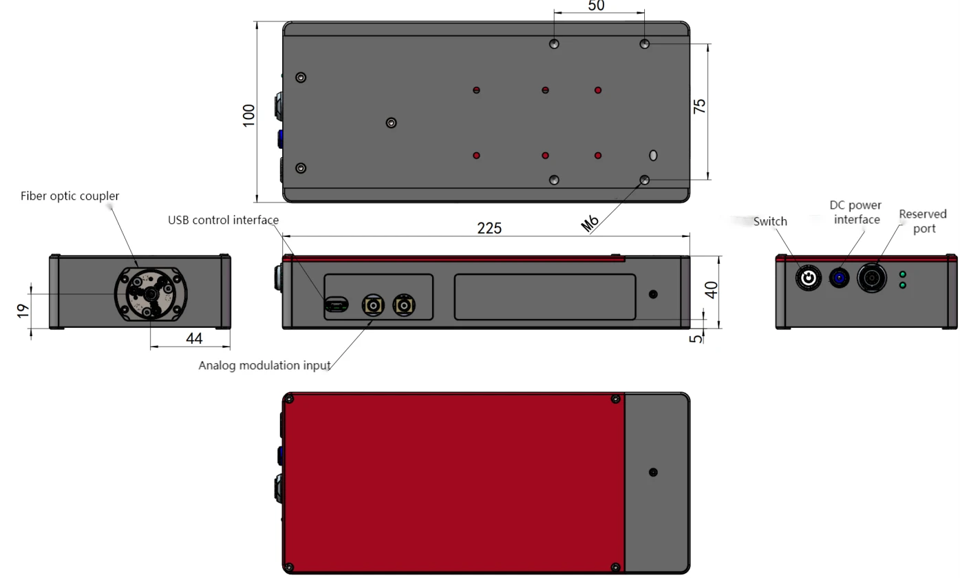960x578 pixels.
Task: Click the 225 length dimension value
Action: pyautogui.click(x=489, y=228)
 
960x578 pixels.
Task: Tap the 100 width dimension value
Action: pyautogui.click(x=248, y=116)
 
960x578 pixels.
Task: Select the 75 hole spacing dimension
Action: pyautogui.click(x=699, y=106)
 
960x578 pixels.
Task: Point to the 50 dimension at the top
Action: pyautogui.click(x=596, y=6)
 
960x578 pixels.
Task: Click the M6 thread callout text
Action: pyautogui.click(x=589, y=223)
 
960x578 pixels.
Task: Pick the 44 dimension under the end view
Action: pyautogui.click(x=194, y=338)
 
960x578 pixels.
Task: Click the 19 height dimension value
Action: pyautogui.click(x=23, y=311)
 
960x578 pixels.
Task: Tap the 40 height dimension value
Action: pyautogui.click(x=711, y=290)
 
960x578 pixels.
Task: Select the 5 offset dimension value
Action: pyautogui.click(x=696, y=338)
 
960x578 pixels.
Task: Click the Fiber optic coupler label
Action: pyautogui.click(x=70, y=196)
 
